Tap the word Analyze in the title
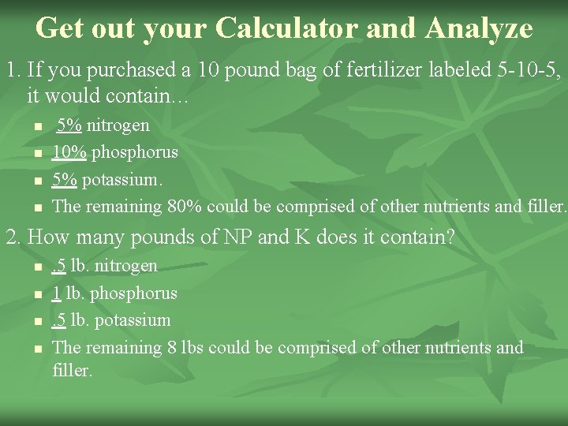click(478, 28)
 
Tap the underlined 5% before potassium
click(65, 179)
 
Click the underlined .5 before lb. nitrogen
click(58, 266)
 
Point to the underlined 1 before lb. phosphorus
click(56, 293)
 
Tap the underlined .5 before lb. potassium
click(58, 320)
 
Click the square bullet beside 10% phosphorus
click(36, 153)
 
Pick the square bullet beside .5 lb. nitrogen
click(36, 267)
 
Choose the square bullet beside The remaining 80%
click(36, 208)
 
